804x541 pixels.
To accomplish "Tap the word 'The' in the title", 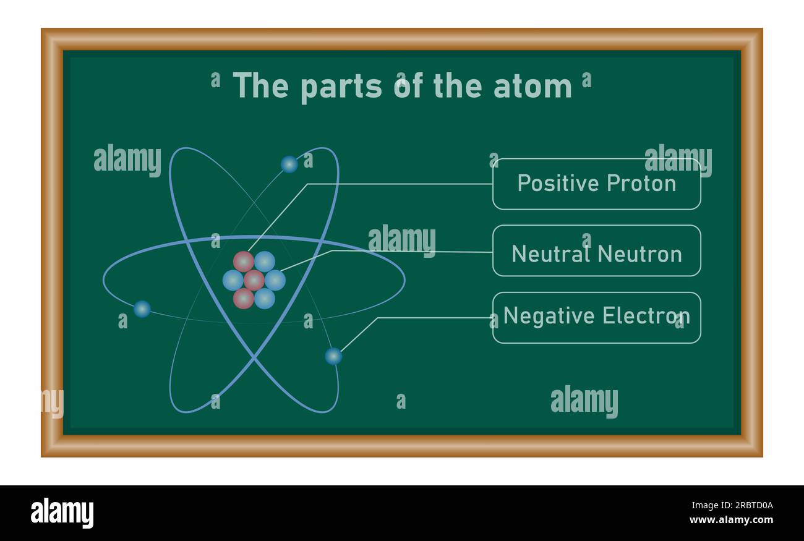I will (x=260, y=85).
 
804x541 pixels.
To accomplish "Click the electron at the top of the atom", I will (x=289, y=164).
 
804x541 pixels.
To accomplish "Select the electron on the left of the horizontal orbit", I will (x=142, y=309).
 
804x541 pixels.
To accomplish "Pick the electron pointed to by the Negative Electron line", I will (x=333, y=356).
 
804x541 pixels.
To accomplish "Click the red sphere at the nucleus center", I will (x=254, y=280).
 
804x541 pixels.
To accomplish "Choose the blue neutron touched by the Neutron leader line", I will (x=275, y=280).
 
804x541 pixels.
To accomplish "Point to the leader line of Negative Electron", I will (x=433, y=318).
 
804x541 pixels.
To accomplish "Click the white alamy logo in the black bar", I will (x=62, y=513).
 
